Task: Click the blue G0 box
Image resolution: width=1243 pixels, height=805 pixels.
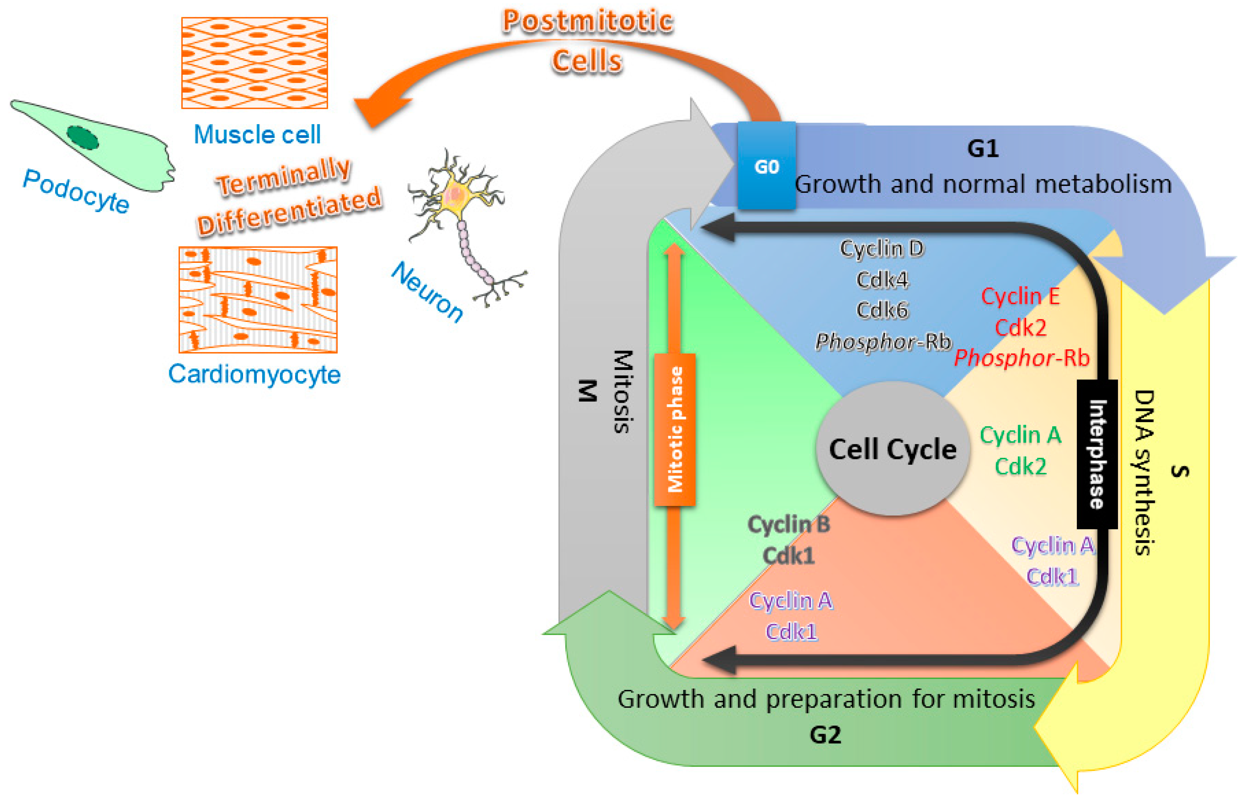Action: pos(766,166)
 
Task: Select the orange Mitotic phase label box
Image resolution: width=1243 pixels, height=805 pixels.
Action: pos(675,429)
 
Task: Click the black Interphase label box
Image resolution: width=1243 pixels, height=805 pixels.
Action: pos(1097,453)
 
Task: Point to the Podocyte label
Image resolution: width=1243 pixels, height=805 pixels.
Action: pos(76,191)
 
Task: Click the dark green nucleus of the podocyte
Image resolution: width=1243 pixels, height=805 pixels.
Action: pos(83,138)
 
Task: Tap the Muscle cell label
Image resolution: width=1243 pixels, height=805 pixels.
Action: pos(257,135)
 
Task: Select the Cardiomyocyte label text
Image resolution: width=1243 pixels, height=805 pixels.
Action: pos(254,374)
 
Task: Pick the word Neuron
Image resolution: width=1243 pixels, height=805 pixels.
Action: pos(427,291)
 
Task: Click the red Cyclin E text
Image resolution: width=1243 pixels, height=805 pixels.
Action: pos(1020,296)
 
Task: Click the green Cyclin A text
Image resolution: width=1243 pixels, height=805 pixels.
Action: pos(1020,435)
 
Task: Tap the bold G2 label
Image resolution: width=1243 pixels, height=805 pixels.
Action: pos(825,735)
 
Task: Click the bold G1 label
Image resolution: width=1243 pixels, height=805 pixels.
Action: pos(983,148)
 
